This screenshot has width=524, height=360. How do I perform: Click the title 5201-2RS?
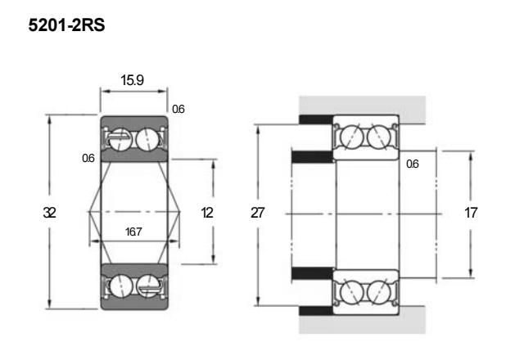(x=66, y=25)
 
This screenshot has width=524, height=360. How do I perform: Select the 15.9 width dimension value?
(x=133, y=80)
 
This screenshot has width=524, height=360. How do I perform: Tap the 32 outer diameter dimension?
(x=49, y=213)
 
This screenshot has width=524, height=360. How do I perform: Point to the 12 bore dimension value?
(x=207, y=213)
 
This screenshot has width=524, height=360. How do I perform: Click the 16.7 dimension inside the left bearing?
(x=133, y=232)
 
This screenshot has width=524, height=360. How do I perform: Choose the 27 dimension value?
(x=257, y=213)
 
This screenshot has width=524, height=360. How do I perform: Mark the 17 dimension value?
(x=471, y=213)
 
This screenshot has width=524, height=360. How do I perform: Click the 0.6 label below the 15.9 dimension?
(x=178, y=109)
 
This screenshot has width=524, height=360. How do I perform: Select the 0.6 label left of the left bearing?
(x=88, y=158)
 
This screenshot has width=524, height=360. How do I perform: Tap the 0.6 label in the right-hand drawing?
(x=413, y=164)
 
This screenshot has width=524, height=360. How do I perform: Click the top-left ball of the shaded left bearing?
(x=120, y=139)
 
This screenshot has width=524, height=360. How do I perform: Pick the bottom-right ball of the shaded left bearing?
(x=148, y=286)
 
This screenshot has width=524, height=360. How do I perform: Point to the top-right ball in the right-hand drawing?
(x=379, y=137)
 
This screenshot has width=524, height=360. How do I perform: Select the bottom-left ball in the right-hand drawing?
(x=351, y=291)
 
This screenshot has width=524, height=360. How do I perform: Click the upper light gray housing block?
(x=362, y=110)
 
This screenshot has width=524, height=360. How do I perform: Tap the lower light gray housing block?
(x=362, y=320)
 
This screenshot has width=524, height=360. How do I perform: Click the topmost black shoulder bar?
(x=316, y=119)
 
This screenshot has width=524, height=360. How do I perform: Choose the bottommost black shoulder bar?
(x=316, y=311)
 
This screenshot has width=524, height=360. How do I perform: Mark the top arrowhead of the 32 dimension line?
(x=49, y=119)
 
